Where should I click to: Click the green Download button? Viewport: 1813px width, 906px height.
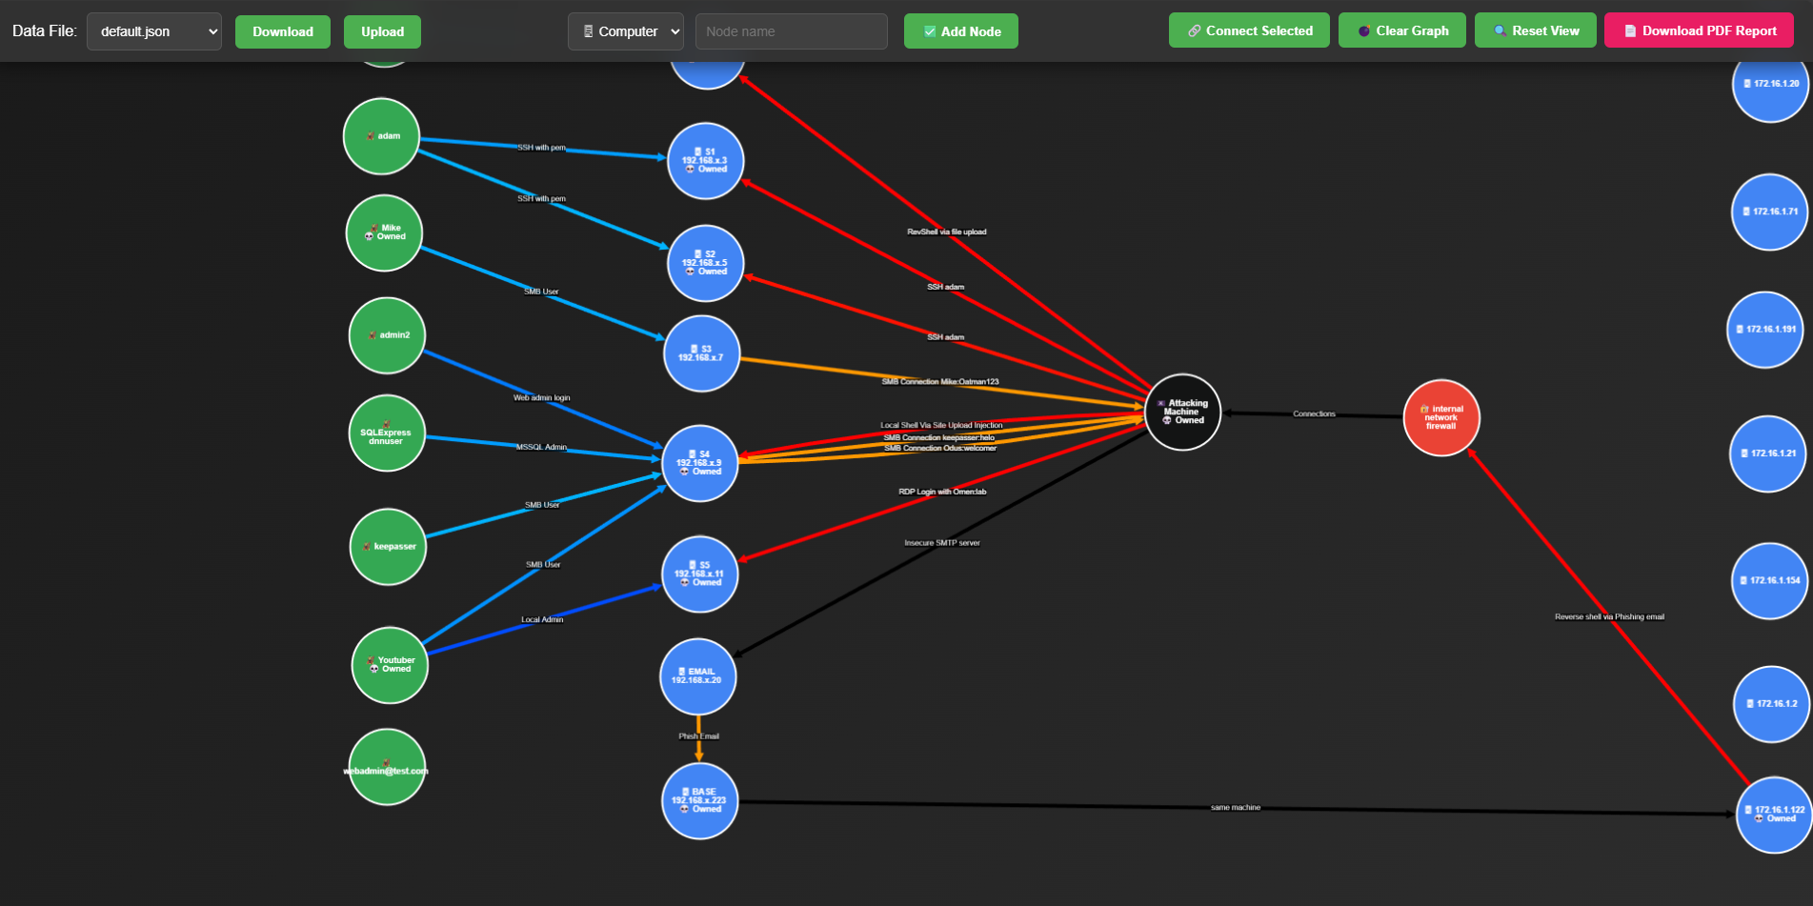[282, 31]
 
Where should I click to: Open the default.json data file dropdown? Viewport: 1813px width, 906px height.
[154, 31]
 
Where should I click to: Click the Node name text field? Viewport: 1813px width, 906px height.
[791, 31]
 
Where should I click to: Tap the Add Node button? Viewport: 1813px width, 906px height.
[960, 31]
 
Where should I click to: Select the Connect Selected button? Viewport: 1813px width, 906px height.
[1248, 30]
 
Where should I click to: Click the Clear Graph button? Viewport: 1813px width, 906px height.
[1401, 30]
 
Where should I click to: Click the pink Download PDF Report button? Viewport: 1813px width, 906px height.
[1699, 30]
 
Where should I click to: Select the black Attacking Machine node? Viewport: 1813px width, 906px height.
[1182, 412]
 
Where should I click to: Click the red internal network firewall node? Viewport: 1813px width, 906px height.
[1440, 417]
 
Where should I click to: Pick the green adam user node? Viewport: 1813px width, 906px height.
[381, 136]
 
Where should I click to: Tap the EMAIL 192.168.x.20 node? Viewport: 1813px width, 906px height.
[698, 676]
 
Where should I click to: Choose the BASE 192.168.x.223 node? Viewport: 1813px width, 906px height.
[699, 800]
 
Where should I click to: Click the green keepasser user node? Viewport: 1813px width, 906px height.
[388, 547]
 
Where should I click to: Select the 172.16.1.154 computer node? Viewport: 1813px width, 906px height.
[1769, 580]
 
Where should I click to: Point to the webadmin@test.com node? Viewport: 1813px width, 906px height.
[386, 767]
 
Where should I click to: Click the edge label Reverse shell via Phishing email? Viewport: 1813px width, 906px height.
[1609, 617]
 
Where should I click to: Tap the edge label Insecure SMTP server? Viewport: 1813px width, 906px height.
[941, 543]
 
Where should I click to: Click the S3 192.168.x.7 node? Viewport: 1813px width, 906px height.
[701, 353]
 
